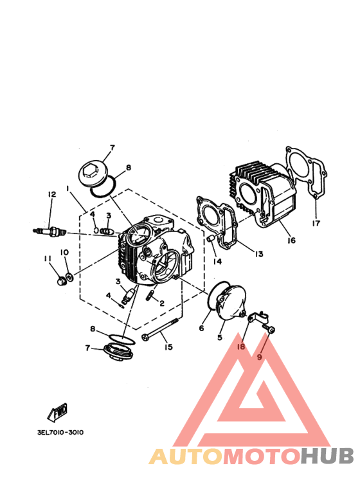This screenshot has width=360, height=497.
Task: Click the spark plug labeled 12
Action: tap(50, 232)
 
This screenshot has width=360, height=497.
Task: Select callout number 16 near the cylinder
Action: tap(291, 240)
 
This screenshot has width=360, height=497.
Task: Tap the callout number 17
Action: tap(316, 223)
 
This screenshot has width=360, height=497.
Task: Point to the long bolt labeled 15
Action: tap(160, 330)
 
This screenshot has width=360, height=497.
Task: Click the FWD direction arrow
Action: tap(58, 412)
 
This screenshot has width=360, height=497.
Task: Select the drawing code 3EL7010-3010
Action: tap(60, 432)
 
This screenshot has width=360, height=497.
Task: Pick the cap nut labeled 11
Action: tap(61, 280)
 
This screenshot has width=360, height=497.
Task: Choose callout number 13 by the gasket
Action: tap(259, 254)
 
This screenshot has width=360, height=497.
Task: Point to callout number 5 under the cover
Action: tap(220, 338)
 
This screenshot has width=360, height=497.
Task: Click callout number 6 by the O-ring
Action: tap(202, 328)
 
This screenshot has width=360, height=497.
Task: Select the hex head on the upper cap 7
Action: tap(90, 172)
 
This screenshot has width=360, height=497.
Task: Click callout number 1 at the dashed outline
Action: tap(67, 188)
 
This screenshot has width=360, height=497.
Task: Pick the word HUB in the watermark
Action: tap(327, 456)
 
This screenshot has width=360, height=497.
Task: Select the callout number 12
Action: tap(51, 194)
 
